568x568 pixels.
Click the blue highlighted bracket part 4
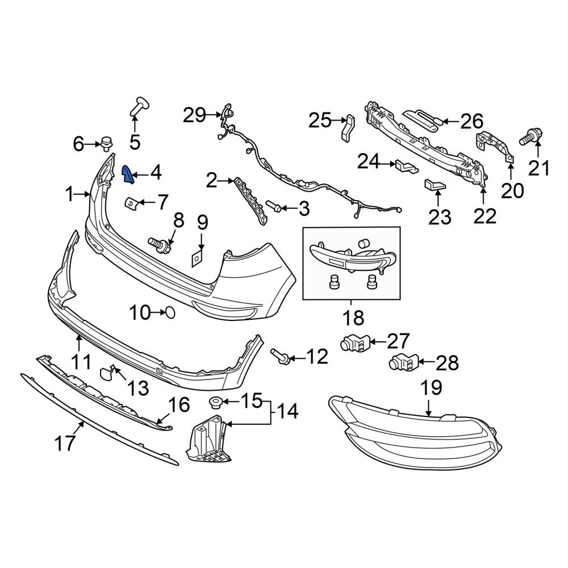(x=128, y=175)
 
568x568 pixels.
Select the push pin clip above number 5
(x=139, y=106)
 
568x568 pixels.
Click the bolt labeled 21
(x=531, y=137)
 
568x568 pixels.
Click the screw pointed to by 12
(x=281, y=357)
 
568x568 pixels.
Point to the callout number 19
(x=431, y=389)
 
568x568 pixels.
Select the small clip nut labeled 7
(x=132, y=202)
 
